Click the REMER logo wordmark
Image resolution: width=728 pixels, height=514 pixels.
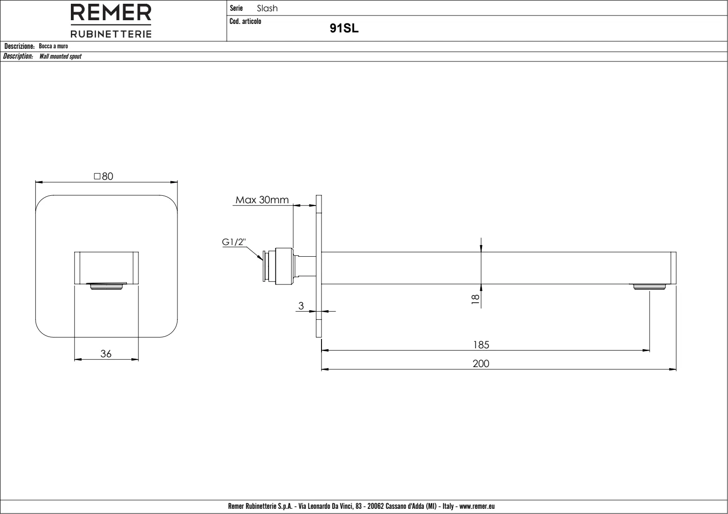coord(111,13)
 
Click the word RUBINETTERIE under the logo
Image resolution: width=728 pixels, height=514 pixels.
coord(111,34)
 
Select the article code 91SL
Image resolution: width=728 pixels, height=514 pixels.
coord(344,28)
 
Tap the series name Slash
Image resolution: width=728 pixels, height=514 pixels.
coord(267,8)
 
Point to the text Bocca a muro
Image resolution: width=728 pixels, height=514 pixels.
coord(54,46)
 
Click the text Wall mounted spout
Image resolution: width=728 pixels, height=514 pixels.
coord(60,56)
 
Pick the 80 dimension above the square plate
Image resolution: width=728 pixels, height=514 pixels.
coord(104,176)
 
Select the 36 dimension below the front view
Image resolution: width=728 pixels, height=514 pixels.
coord(106,354)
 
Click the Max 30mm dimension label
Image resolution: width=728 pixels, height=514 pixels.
coord(262,199)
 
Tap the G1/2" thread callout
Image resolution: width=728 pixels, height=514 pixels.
coord(234,242)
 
